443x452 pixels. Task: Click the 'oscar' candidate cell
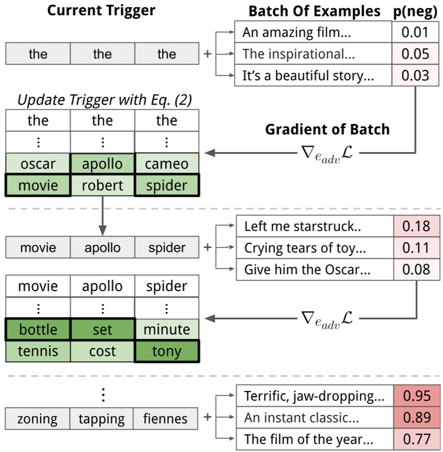tap(38, 164)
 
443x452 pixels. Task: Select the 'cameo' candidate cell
tap(167, 164)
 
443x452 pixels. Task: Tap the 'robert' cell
tap(103, 185)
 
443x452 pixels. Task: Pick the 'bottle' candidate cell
tap(38, 330)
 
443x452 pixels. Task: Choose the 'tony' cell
tap(167, 351)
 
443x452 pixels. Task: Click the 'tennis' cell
tap(38, 351)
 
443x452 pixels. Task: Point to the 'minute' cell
tap(167, 330)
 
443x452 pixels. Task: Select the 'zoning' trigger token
tap(38, 419)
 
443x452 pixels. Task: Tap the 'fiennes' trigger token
tap(167, 419)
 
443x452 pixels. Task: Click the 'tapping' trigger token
tap(103, 419)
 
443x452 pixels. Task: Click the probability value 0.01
tap(415, 32)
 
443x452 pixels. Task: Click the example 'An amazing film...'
tap(313, 32)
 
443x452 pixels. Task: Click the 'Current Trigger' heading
tap(102, 11)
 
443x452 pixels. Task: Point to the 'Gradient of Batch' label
tap(327, 129)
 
